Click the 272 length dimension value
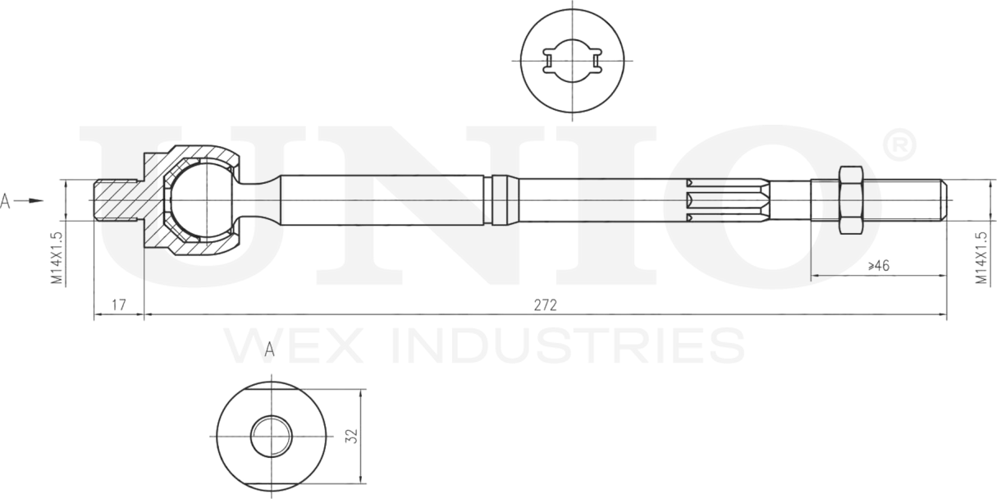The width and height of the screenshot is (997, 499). pyautogui.click(x=545, y=305)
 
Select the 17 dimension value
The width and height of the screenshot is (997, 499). pyautogui.click(x=118, y=305)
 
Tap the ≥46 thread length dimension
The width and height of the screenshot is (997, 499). pyautogui.click(x=878, y=265)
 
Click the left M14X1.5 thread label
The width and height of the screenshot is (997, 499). pyautogui.click(x=57, y=258)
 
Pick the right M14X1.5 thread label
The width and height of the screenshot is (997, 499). pyautogui.click(x=981, y=258)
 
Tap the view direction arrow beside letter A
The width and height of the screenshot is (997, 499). pyautogui.click(x=31, y=199)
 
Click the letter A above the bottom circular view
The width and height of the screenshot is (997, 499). pyautogui.click(x=269, y=350)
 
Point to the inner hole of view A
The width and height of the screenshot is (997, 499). pyautogui.click(x=272, y=436)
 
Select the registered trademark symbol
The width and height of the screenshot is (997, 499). pyautogui.click(x=898, y=144)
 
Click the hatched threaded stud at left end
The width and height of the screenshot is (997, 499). pyautogui.click(x=117, y=199)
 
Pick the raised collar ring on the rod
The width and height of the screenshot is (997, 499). pyautogui.click(x=502, y=199)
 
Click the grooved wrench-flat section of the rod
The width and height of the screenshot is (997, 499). pyautogui.click(x=726, y=199)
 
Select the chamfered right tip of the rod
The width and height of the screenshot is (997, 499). pyautogui.click(x=944, y=199)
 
